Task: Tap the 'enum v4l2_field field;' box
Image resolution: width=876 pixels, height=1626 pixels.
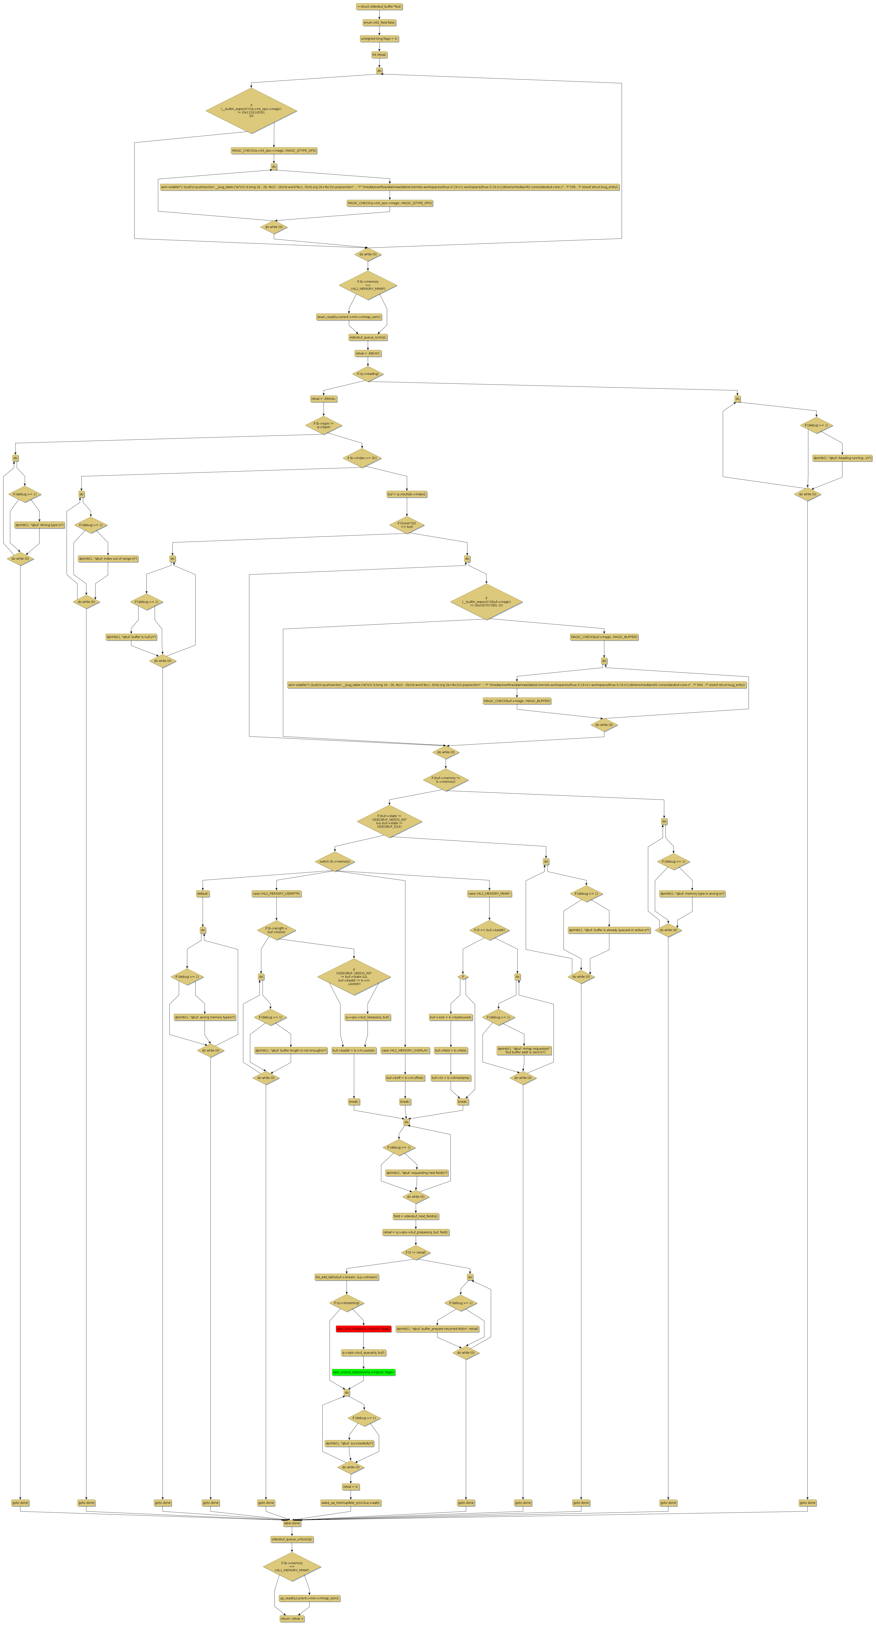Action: (x=379, y=23)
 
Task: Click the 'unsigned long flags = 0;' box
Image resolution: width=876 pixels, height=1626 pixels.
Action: (x=379, y=38)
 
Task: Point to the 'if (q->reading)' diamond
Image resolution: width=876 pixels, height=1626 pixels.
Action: (x=368, y=374)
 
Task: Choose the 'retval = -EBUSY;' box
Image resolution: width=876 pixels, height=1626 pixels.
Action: (x=368, y=353)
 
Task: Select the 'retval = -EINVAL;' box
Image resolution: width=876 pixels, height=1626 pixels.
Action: (x=323, y=399)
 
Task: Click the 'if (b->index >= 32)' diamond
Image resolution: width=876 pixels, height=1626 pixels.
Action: (x=363, y=458)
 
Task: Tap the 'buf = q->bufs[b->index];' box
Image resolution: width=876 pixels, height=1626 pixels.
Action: (x=407, y=494)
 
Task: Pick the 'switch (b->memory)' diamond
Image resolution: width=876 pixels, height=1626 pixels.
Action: (x=335, y=862)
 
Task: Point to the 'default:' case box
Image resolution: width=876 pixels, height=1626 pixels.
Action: (x=203, y=894)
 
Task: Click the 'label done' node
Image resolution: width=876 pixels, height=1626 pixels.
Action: (x=292, y=1523)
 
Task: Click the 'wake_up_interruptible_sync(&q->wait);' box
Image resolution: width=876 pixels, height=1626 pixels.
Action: (x=350, y=1503)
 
